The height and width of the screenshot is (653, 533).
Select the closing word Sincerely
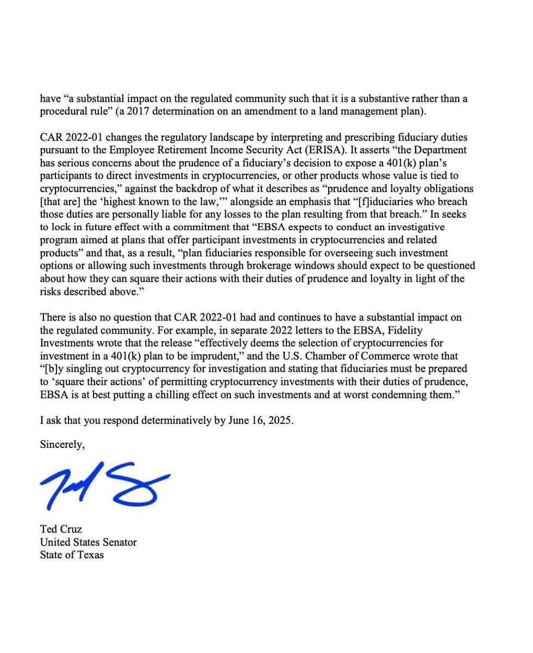coord(62,445)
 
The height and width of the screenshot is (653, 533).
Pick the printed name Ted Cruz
coord(61,529)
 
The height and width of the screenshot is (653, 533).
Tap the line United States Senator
coord(88,542)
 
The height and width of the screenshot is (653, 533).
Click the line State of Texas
coord(72,555)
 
